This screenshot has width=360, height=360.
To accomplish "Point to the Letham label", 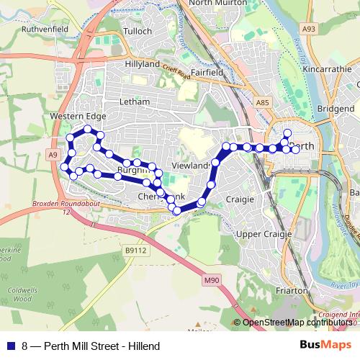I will [x=136, y=102].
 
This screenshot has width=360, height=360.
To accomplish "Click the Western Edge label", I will [x=78, y=116].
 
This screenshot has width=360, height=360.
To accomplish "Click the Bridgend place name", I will [x=336, y=108].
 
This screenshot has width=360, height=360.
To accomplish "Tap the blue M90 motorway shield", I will [x=210, y=279].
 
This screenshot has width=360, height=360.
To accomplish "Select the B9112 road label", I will [x=135, y=251].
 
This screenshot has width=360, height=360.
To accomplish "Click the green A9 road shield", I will [x=53, y=155].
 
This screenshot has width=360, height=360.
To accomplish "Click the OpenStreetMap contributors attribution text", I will [x=297, y=323].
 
